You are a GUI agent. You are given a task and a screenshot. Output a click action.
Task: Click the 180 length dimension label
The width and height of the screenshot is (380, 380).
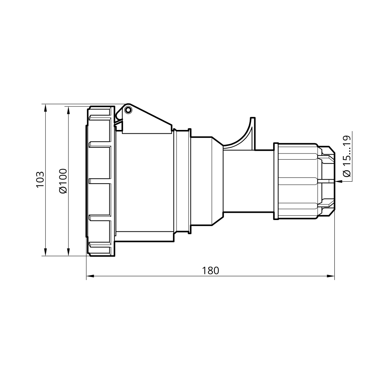(211, 271)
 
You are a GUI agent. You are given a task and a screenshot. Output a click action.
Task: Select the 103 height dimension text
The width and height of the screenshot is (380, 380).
(40, 179)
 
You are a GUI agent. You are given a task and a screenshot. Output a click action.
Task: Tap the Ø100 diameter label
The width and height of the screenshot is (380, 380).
(63, 181)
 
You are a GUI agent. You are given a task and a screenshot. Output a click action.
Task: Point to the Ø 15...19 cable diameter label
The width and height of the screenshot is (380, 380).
(347, 156)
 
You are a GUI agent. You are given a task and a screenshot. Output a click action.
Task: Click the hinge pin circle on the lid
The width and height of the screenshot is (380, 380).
(128, 110)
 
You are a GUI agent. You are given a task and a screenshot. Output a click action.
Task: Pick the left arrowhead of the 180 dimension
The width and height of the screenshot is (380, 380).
(90, 276)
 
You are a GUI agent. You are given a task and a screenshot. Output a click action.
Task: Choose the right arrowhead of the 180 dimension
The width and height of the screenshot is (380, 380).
(331, 276)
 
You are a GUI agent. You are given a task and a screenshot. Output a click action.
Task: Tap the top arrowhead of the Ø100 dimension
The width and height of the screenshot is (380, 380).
(68, 110)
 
